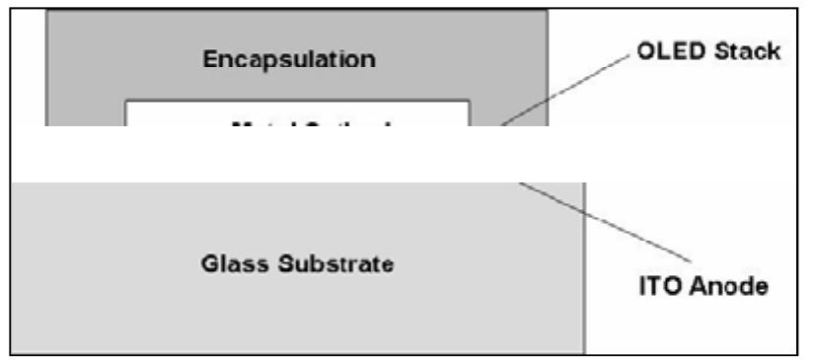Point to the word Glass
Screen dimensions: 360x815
(x=233, y=264)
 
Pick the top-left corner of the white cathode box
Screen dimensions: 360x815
(x=125, y=101)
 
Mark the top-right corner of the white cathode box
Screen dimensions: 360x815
(x=469, y=101)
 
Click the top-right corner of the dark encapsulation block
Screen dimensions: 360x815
(x=547, y=11)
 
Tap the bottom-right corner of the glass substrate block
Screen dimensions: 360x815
(x=585, y=352)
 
